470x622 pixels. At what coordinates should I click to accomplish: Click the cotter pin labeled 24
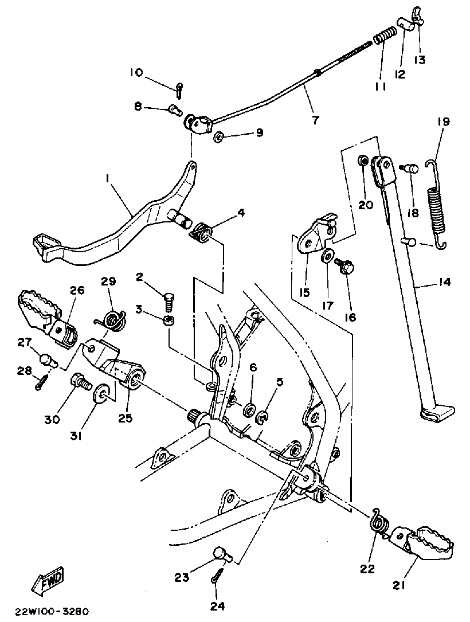(x=217, y=574)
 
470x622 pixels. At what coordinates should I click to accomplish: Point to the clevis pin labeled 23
(x=221, y=553)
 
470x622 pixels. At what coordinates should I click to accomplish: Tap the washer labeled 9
(x=218, y=138)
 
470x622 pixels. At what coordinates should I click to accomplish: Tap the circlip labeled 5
(x=261, y=418)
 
